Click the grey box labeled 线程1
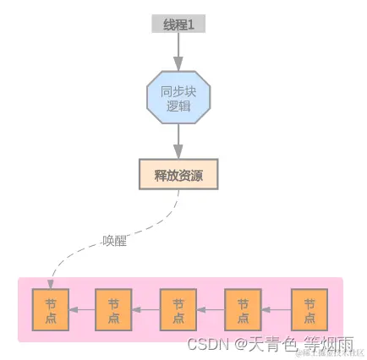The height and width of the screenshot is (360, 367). tap(178, 25)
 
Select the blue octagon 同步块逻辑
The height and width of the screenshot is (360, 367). tap(178, 98)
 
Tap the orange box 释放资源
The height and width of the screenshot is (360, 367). tap(178, 174)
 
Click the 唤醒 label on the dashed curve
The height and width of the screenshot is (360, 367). tap(114, 241)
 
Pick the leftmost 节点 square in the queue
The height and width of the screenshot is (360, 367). tap(50, 309)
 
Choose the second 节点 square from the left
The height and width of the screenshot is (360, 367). tap(114, 309)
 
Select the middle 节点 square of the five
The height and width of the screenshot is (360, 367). tap(178, 309)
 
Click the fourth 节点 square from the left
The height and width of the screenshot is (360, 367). tap(243, 309)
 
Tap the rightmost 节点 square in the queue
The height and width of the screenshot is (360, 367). tap(309, 309)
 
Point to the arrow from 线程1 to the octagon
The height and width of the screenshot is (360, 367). tap(178, 52)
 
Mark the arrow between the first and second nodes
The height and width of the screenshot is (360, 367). tap(82, 310)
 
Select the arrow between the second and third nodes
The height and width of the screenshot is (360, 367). tap(146, 310)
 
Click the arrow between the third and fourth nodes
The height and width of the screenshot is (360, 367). tap(211, 310)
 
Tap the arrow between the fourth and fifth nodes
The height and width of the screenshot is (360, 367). tap(276, 310)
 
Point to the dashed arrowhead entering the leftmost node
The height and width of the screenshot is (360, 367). tap(52, 285)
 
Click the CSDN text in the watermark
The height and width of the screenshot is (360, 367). tap(207, 345)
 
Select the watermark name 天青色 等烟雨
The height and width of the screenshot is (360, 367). tap(300, 345)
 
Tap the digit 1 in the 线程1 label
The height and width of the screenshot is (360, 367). tap(191, 25)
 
